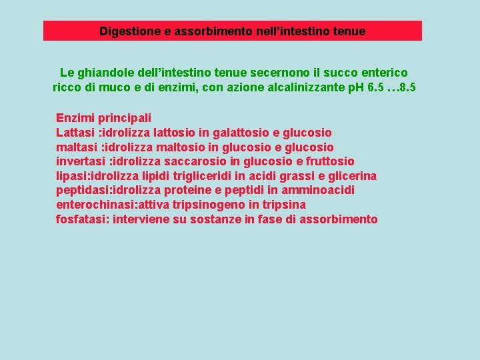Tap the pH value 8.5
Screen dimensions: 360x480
point(405,87)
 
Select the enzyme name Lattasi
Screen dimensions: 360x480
point(75,133)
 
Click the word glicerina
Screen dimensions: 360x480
point(353,176)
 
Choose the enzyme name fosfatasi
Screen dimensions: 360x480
point(83,219)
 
